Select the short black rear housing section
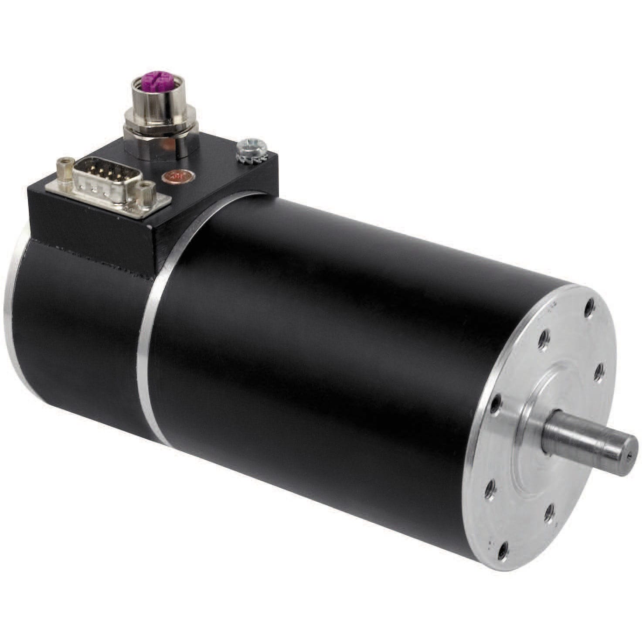coord(74,331)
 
